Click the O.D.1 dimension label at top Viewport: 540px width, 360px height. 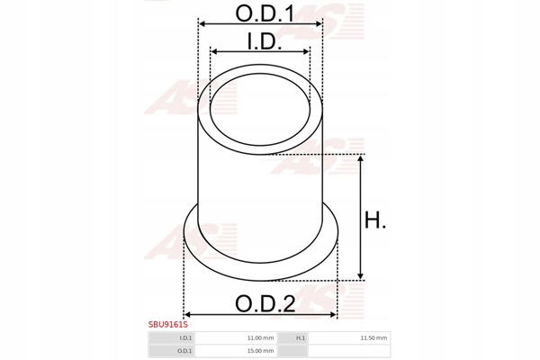265,13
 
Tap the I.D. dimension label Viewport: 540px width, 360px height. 264,41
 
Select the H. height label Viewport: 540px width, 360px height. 375,220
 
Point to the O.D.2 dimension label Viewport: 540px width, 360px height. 265,304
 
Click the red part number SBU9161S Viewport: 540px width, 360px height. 168,324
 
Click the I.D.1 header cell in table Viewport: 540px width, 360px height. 172,338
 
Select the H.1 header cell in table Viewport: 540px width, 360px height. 292,338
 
